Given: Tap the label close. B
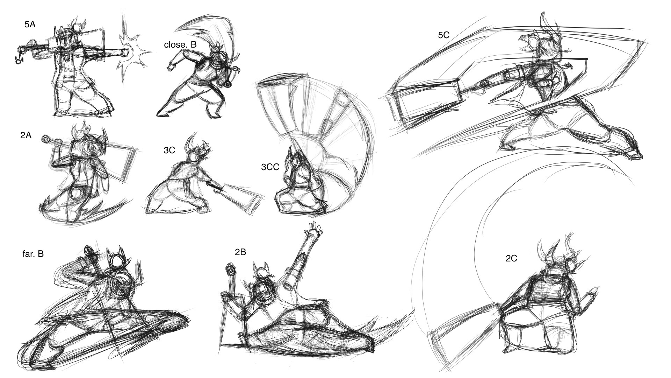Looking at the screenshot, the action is tap(180, 45).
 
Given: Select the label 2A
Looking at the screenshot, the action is tap(26, 135).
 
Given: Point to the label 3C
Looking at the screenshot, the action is tap(169, 150).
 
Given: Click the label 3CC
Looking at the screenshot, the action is tap(270, 167).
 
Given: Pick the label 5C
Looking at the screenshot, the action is tap(443, 35).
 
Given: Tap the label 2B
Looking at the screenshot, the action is tap(240, 252).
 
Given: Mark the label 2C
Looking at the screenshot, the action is tap(511, 259).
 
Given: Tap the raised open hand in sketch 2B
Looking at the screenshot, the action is tap(313, 230).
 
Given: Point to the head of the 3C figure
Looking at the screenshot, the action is tap(194, 155).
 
